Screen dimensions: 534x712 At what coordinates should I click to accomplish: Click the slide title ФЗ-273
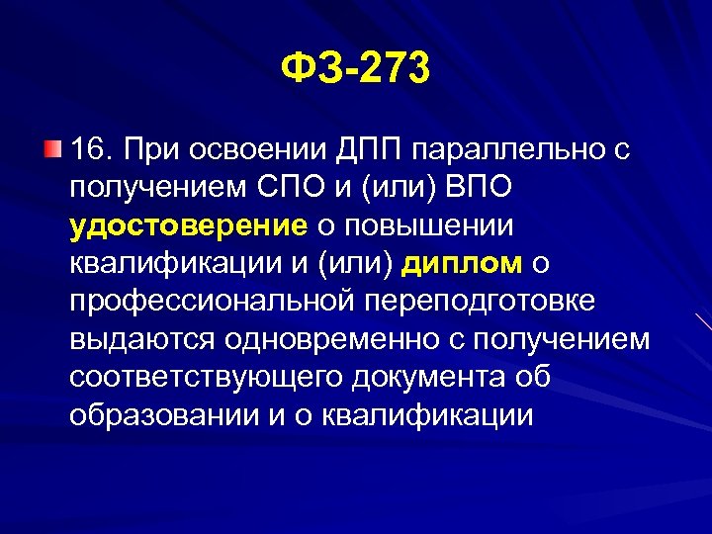pos(356,69)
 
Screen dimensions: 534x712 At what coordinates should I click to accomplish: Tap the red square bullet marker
pos(52,150)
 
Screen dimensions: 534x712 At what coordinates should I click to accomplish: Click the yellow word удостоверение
pos(189,226)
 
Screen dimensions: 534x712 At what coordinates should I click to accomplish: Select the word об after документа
pos(533,377)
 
